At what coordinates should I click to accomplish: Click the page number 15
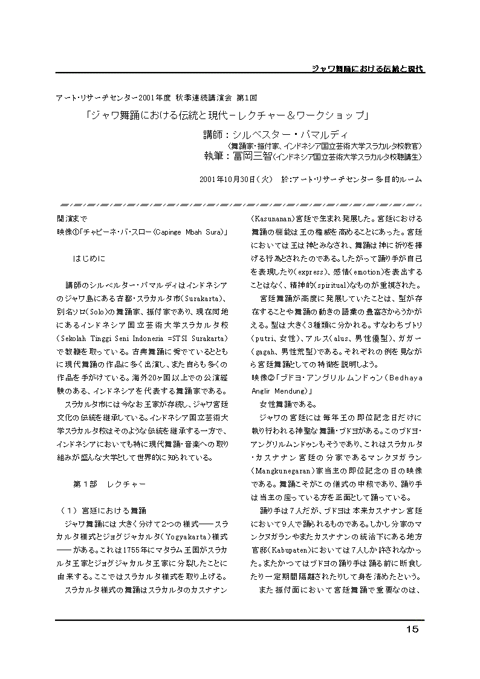[412, 629]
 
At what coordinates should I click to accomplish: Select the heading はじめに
[89, 258]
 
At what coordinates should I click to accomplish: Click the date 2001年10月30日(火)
[236, 180]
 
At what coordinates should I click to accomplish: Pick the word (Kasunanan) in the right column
[273, 219]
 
